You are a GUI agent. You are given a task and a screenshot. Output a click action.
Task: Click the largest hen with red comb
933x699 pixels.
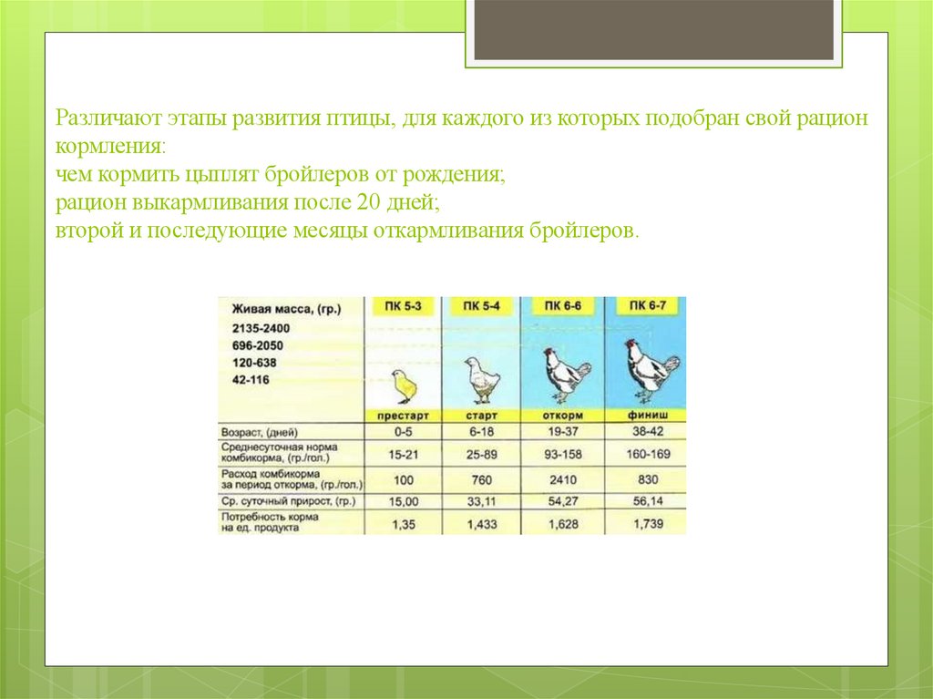[x=649, y=370]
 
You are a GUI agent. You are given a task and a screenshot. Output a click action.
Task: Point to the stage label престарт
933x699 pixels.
[x=402, y=416]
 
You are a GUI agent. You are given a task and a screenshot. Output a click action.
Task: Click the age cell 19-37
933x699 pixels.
[x=563, y=431]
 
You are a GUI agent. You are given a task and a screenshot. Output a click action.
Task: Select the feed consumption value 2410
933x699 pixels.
[x=563, y=478]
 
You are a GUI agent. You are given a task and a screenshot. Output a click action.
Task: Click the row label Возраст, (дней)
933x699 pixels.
[x=260, y=431]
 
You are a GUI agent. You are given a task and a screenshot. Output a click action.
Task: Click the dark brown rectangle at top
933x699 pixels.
[x=653, y=29]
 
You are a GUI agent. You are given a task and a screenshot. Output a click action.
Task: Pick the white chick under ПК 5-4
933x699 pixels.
[x=480, y=380]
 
